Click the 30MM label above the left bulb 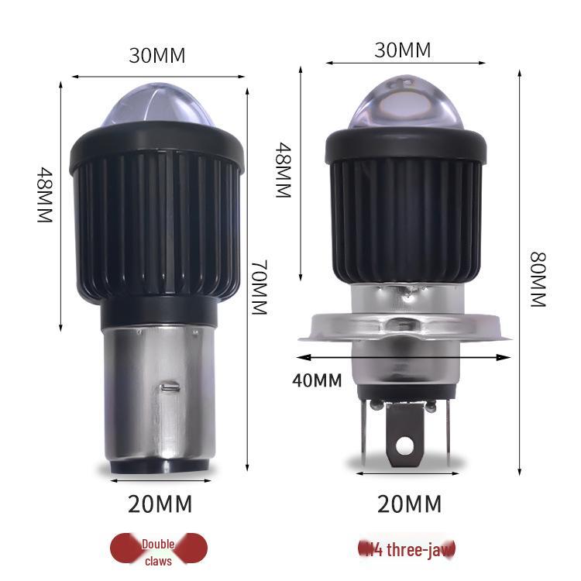pos(157,56)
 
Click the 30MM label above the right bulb pos(402,50)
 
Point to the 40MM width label pos(317,380)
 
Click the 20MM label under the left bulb pos(160,504)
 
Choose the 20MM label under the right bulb pos(408,504)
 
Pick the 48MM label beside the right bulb pos(283,170)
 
